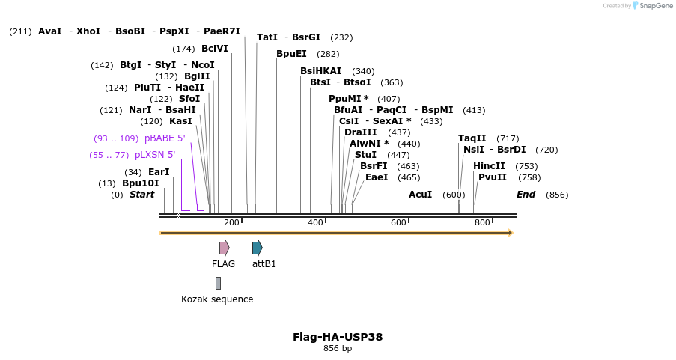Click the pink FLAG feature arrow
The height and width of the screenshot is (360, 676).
tap(224, 248)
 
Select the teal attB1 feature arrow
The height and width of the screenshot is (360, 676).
tap(257, 248)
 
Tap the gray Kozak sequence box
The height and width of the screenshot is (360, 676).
tap(218, 283)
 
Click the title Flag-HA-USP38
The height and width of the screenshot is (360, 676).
tap(338, 337)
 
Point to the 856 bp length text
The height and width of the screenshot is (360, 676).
tap(338, 349)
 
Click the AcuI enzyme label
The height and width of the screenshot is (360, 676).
tap(420, 195)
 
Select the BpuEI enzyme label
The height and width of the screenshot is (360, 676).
tap(291, 54)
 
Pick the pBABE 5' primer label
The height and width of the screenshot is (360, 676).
tap(165, 138)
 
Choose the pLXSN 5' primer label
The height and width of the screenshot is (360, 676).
tap(155, 155)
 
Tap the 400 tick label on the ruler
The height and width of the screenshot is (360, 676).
tap(315, 222)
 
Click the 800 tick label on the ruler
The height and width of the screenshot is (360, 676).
tap(482, 222)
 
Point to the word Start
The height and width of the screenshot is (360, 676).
tap(141, 195)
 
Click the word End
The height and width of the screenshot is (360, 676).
tap(526, 195)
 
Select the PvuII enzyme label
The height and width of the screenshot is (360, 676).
tap(493, 177)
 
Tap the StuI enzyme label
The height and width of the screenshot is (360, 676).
tap(365, 155)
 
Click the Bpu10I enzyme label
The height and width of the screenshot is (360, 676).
tap(141, 183)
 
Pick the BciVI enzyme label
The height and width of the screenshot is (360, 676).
tap(214, 49)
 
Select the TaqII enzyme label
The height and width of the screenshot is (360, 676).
tap(472, 138)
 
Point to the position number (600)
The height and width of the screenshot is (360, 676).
tap(454, 195)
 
